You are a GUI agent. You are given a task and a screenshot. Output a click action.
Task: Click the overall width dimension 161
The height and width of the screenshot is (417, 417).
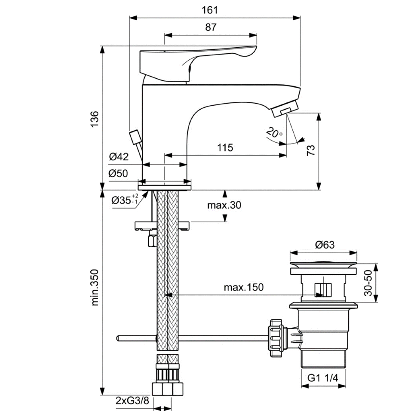pos(209,10)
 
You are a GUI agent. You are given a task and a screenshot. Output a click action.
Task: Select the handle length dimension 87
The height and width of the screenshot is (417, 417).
pos(211,27)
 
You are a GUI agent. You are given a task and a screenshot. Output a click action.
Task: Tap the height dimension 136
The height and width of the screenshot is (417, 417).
pos(95,119)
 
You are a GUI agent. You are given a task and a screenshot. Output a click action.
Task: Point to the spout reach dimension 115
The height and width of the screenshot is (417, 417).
pos(225,147)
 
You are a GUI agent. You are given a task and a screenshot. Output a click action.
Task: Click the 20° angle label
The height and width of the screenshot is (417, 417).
pos(274,132)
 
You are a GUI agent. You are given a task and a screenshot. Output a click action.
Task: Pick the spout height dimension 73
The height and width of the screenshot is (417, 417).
pos(311,150)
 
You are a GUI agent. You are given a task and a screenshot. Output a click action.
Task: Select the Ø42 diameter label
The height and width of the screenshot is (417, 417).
pos(119,156)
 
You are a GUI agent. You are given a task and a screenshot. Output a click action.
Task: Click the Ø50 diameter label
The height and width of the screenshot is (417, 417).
pos(118,173)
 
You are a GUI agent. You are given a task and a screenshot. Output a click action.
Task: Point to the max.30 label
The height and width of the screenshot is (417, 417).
pos(224,205)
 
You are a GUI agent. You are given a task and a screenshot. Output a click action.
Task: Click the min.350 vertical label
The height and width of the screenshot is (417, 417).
pos(95,288)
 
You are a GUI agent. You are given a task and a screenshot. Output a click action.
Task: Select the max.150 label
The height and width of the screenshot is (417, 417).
pos(244,287)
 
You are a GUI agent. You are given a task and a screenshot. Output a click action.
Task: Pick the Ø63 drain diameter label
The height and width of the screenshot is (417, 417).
pos(325,245)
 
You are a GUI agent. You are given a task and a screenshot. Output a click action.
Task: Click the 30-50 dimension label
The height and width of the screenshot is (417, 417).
pos(368,283)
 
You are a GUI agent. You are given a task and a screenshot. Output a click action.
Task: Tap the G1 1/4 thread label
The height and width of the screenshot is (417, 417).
pos(323,377)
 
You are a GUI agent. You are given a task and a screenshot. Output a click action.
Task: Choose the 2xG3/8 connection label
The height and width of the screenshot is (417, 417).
pos(132,401)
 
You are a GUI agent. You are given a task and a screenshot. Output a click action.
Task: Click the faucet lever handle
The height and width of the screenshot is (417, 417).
pos(198,63)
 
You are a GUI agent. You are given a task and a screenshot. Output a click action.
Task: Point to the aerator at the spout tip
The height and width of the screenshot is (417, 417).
pos(285,109)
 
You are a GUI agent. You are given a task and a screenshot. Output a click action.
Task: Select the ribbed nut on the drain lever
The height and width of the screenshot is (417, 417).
pos(276,338)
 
